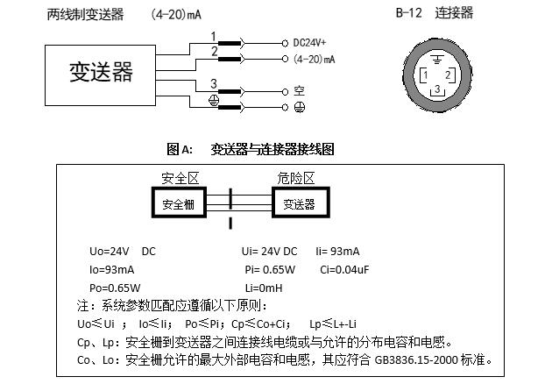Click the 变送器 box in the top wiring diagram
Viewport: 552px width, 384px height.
[101, 72]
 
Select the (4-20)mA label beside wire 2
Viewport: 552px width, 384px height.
[315, 59]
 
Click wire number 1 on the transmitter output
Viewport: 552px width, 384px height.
[213, 35]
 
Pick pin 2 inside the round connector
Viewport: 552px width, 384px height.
[448, 75]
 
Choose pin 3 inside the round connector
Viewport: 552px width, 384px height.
[436, 89]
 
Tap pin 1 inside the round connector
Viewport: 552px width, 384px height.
[425, 75]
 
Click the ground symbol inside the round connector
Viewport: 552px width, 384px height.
[436, 60]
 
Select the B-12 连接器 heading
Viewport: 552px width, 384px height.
[435, 13]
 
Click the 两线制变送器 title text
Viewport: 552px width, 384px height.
[86, 14]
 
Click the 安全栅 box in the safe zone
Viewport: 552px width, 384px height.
[182, 204]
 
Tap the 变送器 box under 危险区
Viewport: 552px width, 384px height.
[299, 204]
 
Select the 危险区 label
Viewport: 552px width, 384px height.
[297, 178]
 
